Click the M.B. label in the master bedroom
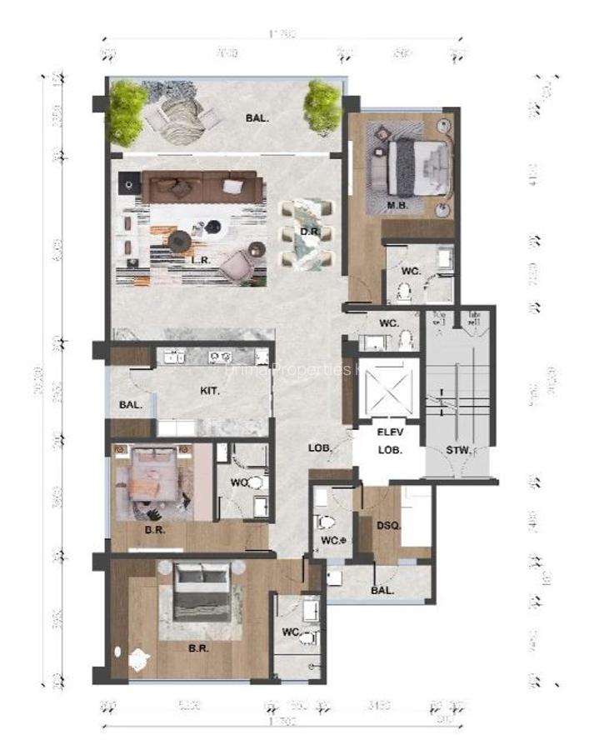coord(396,205)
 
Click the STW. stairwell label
coord(457,451)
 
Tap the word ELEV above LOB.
coord(390,432)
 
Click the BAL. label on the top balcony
coord(257,118)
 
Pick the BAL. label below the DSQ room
coord(382,589)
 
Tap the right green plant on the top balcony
coord(322,105)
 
